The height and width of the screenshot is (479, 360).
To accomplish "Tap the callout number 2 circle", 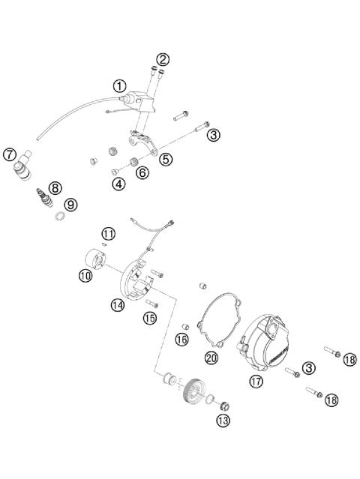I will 163,59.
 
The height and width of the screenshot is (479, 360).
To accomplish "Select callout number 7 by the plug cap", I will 9,155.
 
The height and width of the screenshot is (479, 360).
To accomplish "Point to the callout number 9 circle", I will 70,204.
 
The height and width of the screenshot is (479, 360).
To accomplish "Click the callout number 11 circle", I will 109,233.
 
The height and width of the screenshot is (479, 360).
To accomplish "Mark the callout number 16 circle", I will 181,340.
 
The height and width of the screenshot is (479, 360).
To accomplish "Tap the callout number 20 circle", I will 211,358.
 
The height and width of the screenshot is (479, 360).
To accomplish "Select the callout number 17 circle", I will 256,381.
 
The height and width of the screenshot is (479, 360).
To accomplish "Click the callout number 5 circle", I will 165,159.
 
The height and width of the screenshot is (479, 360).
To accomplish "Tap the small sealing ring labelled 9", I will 58,218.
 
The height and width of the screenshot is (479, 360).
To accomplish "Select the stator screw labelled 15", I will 152,303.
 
